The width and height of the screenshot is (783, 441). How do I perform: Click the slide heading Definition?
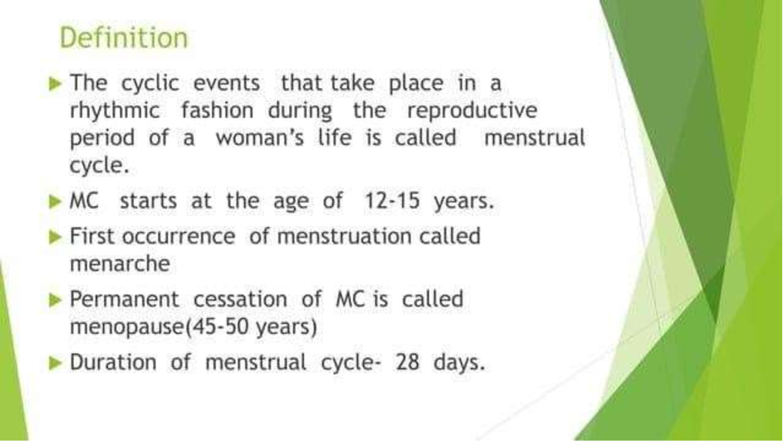click(x=124, y=38)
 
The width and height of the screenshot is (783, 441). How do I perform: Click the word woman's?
click(x=260, y=138)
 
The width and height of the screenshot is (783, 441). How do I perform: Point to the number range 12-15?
click(x=392, y=201)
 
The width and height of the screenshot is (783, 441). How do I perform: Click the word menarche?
click(x=120, y=264)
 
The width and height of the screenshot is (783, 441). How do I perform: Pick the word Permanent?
click(x=124, y=299)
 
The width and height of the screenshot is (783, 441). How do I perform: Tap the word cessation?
click(x=240, y=299)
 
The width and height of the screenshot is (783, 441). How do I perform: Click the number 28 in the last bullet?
click(x=407, y=362)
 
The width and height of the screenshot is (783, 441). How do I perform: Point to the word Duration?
click(x=113, y=362)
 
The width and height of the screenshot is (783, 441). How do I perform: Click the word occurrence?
click(x=179, y=236)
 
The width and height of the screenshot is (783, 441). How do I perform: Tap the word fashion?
click(x=217, y=110)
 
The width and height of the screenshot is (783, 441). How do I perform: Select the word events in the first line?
click(x=226, y=83)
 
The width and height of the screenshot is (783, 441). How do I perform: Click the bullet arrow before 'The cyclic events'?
click(x=55, y=84)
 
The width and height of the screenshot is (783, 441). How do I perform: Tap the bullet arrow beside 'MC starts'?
click(x=55, y=201)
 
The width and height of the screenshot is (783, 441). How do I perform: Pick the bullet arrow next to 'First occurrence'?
click(x=55, y=237)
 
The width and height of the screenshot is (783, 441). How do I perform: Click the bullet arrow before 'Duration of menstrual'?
click(x=55, y=363)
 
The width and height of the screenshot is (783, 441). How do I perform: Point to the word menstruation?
click(x=344, y=236)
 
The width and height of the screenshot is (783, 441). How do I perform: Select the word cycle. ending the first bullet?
click(x=99, y=166)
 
